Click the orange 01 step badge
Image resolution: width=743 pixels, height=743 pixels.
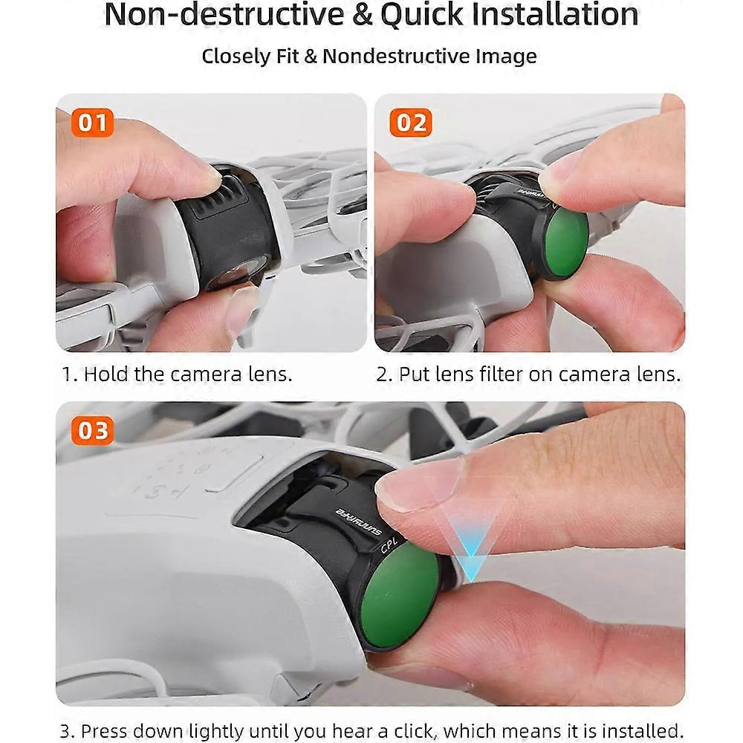coord(92,123)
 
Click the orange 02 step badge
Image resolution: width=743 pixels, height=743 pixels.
coord(411,123)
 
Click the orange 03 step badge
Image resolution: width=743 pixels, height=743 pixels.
coord(92,431)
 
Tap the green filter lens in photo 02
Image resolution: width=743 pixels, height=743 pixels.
coord(567,243)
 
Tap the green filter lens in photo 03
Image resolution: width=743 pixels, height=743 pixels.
coord(400,594)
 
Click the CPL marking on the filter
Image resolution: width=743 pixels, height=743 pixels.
coord(389,545)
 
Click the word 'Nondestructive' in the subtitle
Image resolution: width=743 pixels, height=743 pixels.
coord(397,56)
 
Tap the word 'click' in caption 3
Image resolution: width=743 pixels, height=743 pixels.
coord(415,730)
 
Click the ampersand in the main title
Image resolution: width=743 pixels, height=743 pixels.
coord(363,15)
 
